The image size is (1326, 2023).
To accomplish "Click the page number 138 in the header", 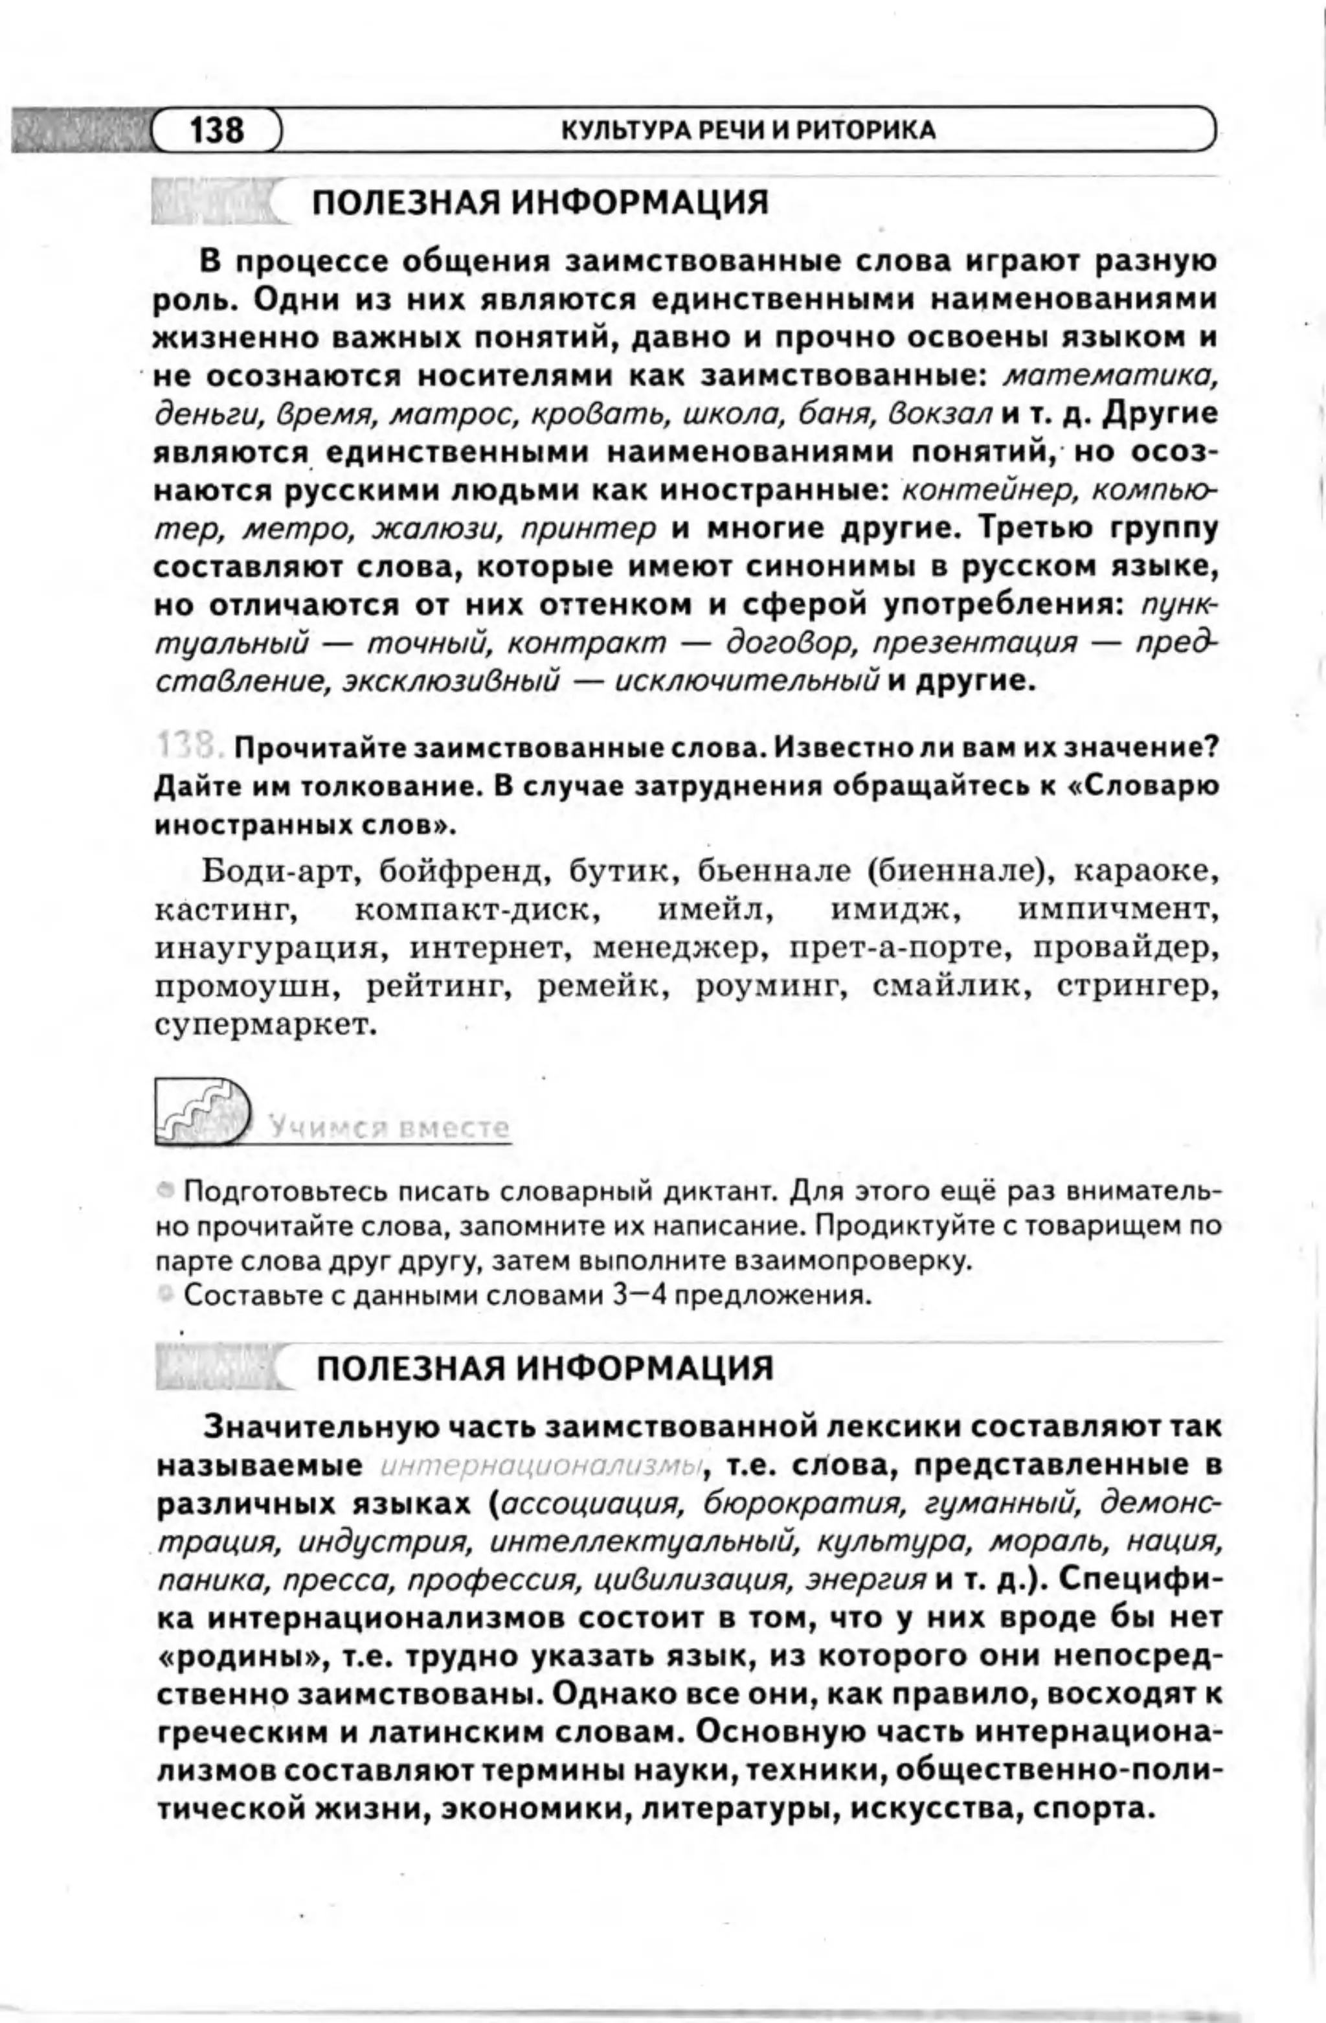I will [x=217, y=130].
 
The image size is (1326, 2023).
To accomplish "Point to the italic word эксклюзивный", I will [x=451, y=682].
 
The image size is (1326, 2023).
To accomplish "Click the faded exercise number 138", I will [x=188, y=747].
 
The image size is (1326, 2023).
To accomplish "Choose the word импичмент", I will [x=1119, y=909].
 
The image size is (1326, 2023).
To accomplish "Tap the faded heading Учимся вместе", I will [x=390, y=1127].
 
